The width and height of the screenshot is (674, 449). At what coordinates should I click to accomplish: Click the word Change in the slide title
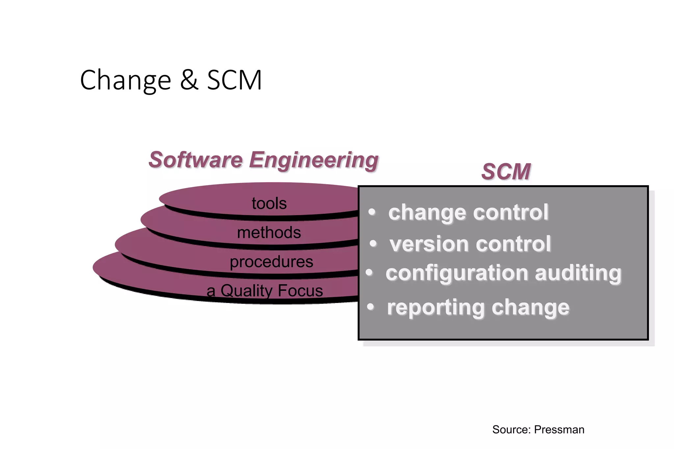click(x=125, y=81)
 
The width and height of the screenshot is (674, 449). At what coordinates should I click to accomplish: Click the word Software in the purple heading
click(x=195, y=160)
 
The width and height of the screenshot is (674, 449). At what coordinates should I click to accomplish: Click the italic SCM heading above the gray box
click(x=506, y=172)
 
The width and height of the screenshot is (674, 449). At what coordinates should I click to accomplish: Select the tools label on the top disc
click(x=269, y=203)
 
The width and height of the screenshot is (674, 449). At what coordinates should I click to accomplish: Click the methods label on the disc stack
click(x=269, y=233)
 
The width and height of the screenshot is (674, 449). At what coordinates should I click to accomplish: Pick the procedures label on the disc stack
click(x=271, y=262)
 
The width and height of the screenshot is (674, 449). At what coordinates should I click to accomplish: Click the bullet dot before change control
click(x=372, y=212)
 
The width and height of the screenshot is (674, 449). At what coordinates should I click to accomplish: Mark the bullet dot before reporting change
click(x=371, y=307)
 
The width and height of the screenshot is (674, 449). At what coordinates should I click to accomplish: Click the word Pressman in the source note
click(x=559, y=430)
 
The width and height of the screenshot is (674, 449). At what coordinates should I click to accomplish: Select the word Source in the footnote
click(x=511, y=430)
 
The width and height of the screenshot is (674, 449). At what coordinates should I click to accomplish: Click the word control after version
click(x=513, y=244)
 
